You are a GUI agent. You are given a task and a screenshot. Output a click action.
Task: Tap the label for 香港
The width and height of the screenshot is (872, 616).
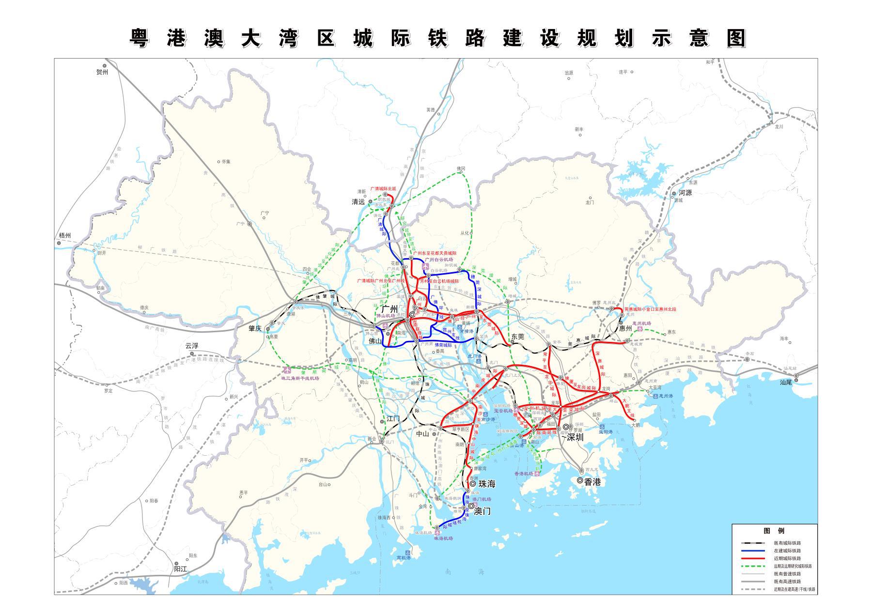(x=592, y=481)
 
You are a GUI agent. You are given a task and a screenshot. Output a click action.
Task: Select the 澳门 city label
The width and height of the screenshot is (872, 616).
(x=482, y=511)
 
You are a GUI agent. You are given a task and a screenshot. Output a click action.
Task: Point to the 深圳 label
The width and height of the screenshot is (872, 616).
(x=575, y=437)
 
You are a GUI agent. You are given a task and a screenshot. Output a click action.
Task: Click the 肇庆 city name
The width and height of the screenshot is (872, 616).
(x=255, y=328)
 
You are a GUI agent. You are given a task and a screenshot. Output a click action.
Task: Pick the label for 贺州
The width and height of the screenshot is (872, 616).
(x=102, y=72)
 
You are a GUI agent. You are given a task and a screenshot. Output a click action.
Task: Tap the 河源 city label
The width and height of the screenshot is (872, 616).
(x=685, y=192)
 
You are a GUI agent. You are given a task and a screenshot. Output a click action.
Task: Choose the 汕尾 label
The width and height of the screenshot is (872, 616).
(x=786, y=382)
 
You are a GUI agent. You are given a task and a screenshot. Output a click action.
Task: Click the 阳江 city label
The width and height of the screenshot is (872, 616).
(x=180, y=569)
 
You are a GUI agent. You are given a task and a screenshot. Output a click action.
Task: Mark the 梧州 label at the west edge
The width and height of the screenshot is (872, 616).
(x=64, y=235)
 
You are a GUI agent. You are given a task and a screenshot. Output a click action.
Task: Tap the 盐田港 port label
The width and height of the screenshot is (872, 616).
(x=606, y=431)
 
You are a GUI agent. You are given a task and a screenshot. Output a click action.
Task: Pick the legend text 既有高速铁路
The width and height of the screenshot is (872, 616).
(x=787, y=582)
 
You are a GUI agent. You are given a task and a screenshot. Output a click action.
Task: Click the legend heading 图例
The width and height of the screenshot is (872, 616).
(x=774, y=531)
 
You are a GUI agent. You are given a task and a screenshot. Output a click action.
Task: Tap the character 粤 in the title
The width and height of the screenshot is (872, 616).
(x=139, y=38)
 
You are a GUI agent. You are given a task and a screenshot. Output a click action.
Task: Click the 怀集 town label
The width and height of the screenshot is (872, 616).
(x=226, y=162)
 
